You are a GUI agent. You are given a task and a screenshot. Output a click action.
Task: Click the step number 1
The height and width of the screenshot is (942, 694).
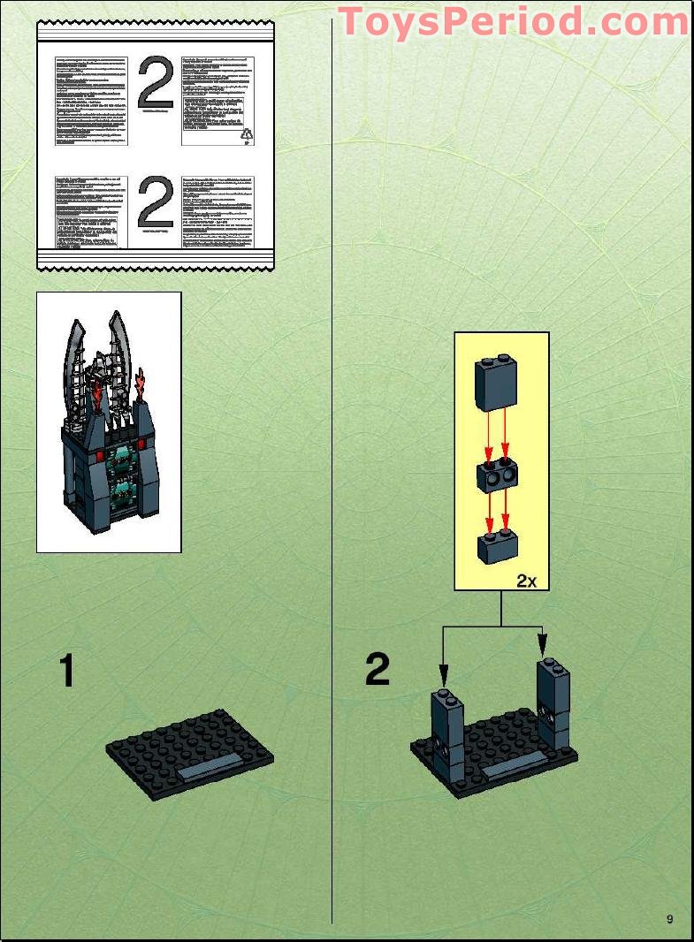click(x=66, y=671)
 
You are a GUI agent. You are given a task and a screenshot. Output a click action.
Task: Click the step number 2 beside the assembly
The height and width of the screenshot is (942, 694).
click(x=378, y=670)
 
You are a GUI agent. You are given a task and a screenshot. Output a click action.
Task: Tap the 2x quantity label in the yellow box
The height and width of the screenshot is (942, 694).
click(x=527, y=581)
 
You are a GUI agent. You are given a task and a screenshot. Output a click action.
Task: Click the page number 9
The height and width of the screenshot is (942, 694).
click(x=670, y=919)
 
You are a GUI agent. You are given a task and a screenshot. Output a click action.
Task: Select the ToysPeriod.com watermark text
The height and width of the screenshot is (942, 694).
click(x=513, y=21)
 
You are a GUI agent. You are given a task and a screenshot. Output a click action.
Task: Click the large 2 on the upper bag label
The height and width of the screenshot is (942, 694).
click(x=156, y=84)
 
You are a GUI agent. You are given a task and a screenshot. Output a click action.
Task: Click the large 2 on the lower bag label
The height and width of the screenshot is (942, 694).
click(x=156, y=205)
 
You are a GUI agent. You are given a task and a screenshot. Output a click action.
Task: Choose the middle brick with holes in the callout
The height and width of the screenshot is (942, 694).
click(x=497, y=475)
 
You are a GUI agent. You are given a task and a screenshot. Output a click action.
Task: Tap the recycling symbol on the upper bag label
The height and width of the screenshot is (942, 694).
click(x=248, y=133)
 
